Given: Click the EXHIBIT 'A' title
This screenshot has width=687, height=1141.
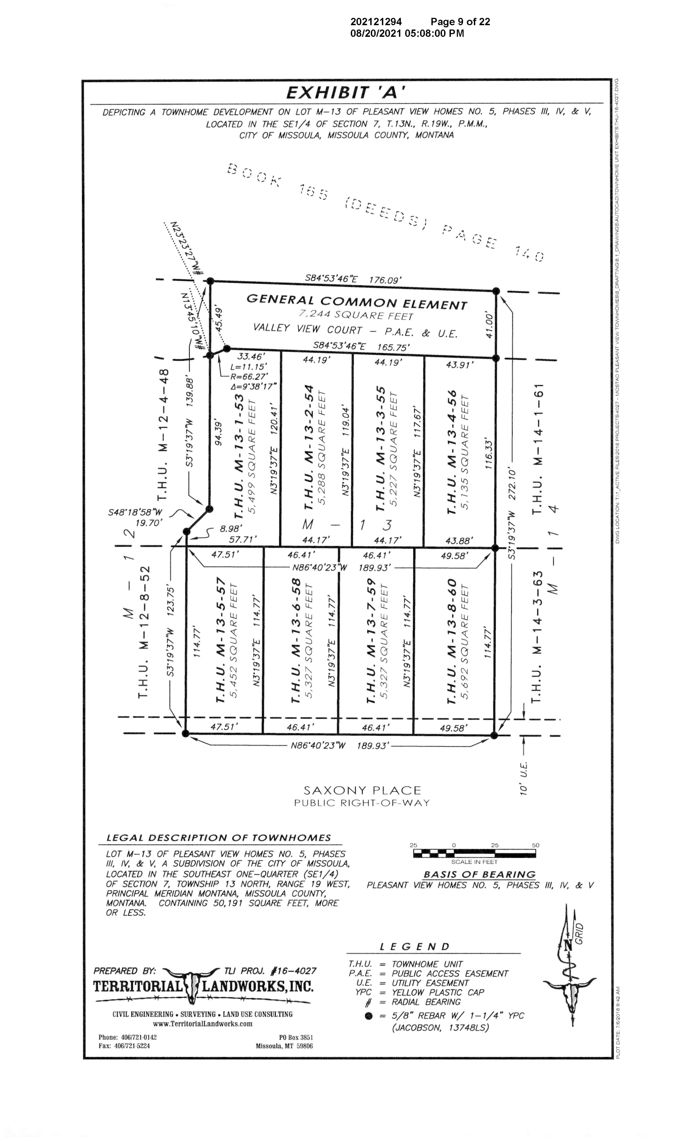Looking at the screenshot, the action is click(x=346, y=93).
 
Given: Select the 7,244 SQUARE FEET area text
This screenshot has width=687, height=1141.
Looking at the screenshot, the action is click(x=355, y=315).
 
